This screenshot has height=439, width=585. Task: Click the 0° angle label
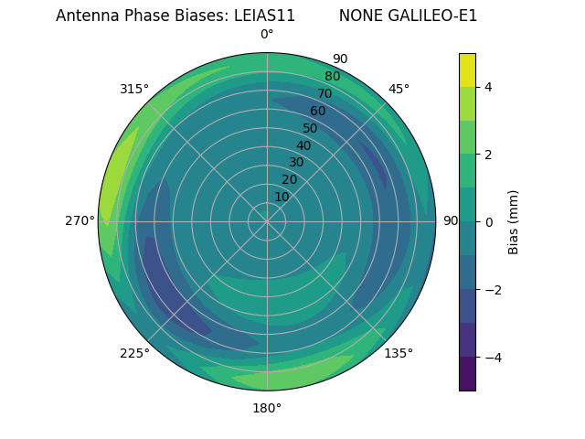267,35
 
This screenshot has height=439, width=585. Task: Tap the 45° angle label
399,89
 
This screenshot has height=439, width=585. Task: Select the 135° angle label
399,353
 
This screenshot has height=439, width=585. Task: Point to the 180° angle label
267,408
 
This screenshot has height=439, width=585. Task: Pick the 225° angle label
134,354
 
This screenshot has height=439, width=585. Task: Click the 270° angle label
80,220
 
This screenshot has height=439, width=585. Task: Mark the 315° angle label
134,89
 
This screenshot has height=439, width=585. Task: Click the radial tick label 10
282,197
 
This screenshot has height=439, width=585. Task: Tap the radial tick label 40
303,145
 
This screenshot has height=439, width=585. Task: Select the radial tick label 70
324,93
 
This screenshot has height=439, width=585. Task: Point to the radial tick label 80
332,76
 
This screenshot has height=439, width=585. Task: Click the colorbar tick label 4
488,87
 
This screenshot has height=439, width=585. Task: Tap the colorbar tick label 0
488,222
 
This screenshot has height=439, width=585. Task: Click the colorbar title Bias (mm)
514,222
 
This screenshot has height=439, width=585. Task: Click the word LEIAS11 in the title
264,16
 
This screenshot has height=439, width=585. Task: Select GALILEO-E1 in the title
434,16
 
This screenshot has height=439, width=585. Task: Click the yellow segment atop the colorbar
467,70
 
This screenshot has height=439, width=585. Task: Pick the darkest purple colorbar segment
467,374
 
